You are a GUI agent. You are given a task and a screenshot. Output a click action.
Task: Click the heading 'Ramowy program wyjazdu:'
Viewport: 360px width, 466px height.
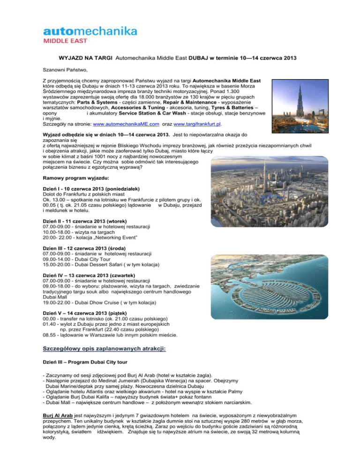[79, 179]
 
